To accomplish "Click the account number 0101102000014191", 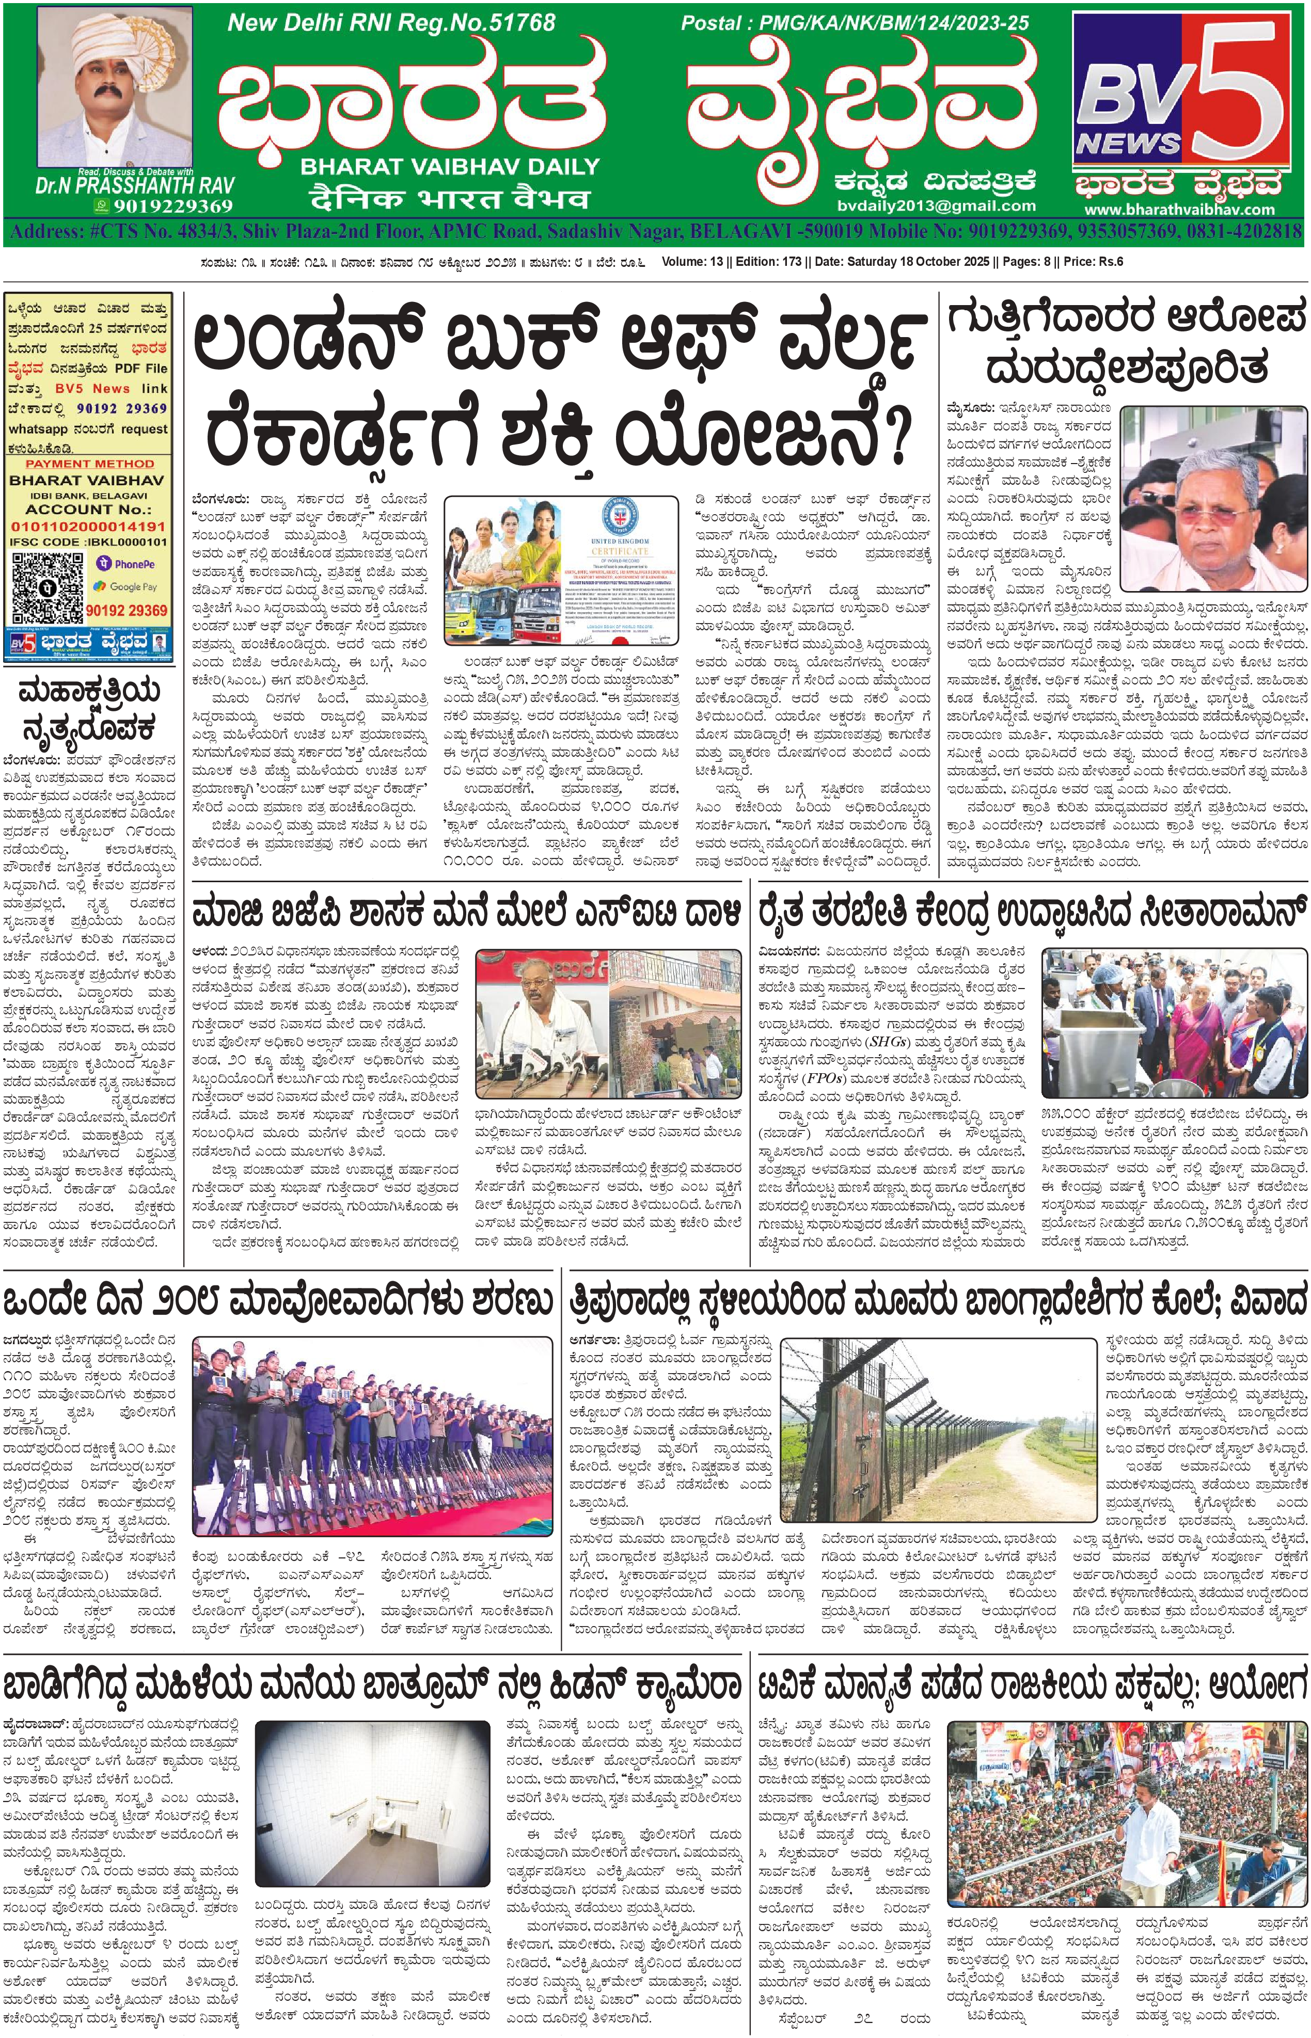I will click(88, 526).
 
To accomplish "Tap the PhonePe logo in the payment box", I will click(126, 563).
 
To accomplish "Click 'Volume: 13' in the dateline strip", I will click(692, 261).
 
